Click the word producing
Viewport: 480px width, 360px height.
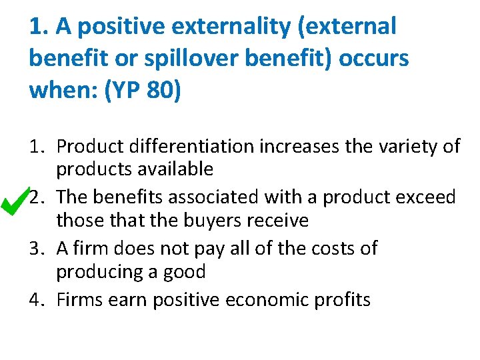(97, 272)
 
